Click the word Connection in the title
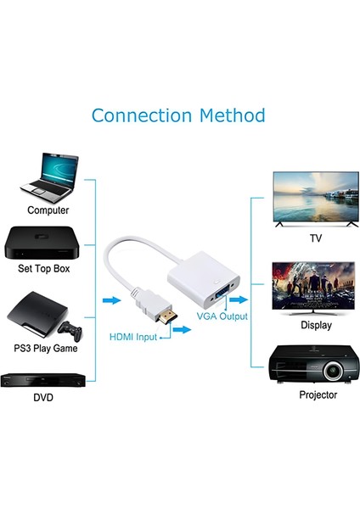pyautogui.click(x=140, y=115)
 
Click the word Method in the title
pyautogui.click(x=230, y=115)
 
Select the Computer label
pyautogui.click(x=48, y=210)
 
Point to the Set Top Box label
pyautogui.click(x=48, y=269)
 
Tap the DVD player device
pyautogui.click(x=44, y=378)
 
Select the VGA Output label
pyautogui.click(x=222, y=316)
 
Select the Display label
pyautogui.click(x=316, y=325)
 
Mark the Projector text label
pyautogui.click(x=318, y=394)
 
